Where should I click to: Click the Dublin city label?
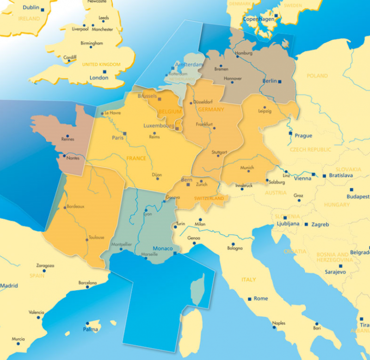[x=30, y=7]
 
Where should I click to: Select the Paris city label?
[x=117, y=137]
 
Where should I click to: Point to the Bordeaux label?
[x=75, y=206]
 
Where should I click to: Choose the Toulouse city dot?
[x=87, y=239]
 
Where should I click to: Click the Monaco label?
[x=162, y=248]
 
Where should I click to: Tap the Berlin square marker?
[x=279, y=81]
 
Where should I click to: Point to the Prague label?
[x=303, y=136]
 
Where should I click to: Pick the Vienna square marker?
[x=313, y=175]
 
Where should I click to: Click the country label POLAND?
[x=317, y=76]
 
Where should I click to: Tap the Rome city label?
[x=261, y=298]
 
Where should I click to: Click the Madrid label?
[x=9, y=286]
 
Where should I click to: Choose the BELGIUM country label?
[x=170, y=112]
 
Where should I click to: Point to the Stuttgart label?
[x=219, y=152]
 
